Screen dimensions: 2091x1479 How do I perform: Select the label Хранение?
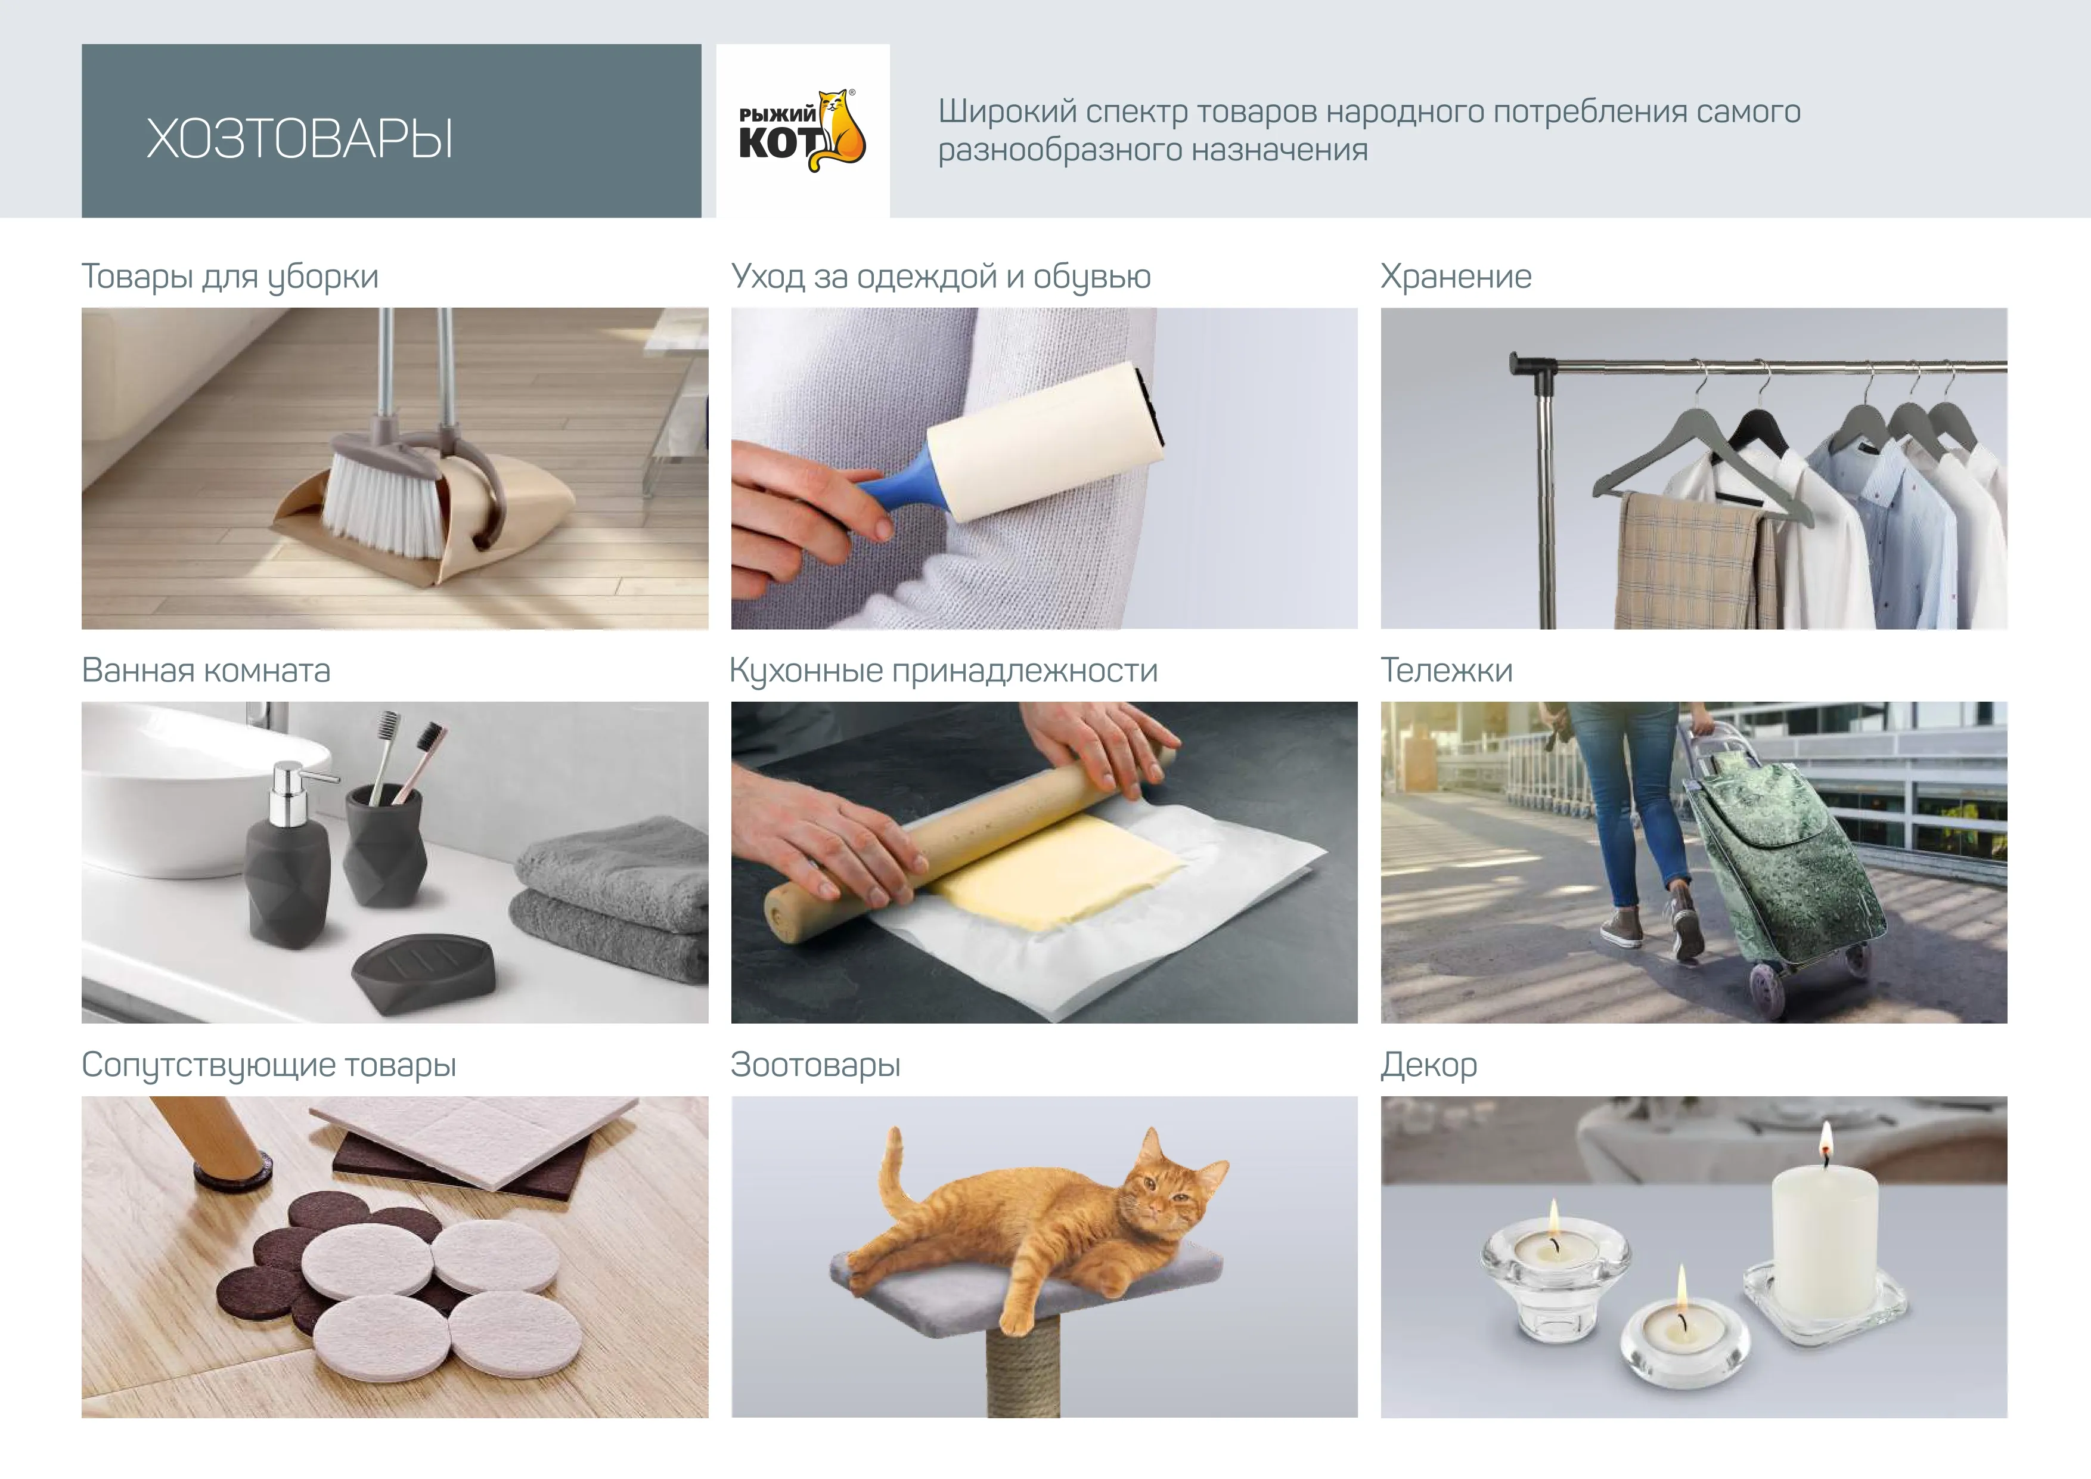click(x=1456, y=276)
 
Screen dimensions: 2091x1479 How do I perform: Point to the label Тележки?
click(x=1446, y=670)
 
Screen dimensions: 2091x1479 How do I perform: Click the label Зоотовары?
click(x=815, y=1065)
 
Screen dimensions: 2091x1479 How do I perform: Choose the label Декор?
click(x=1428, y=1065)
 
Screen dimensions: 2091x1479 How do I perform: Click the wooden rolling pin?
click(x=967, y=840)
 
